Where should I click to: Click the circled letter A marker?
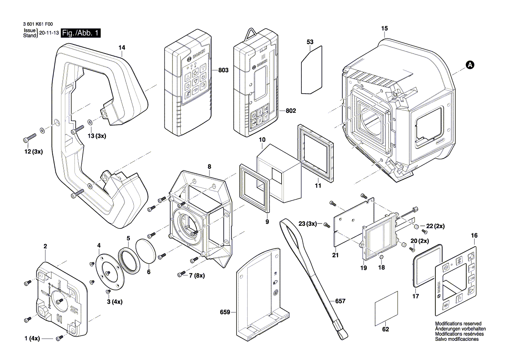tap(469, 65)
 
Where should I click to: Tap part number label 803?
tap(224, 70)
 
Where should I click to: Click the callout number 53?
tap(310, 42)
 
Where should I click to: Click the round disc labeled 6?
tap(146, 251)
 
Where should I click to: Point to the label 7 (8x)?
tap(197, 275)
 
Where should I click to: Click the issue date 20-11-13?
tap(48, 33)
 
